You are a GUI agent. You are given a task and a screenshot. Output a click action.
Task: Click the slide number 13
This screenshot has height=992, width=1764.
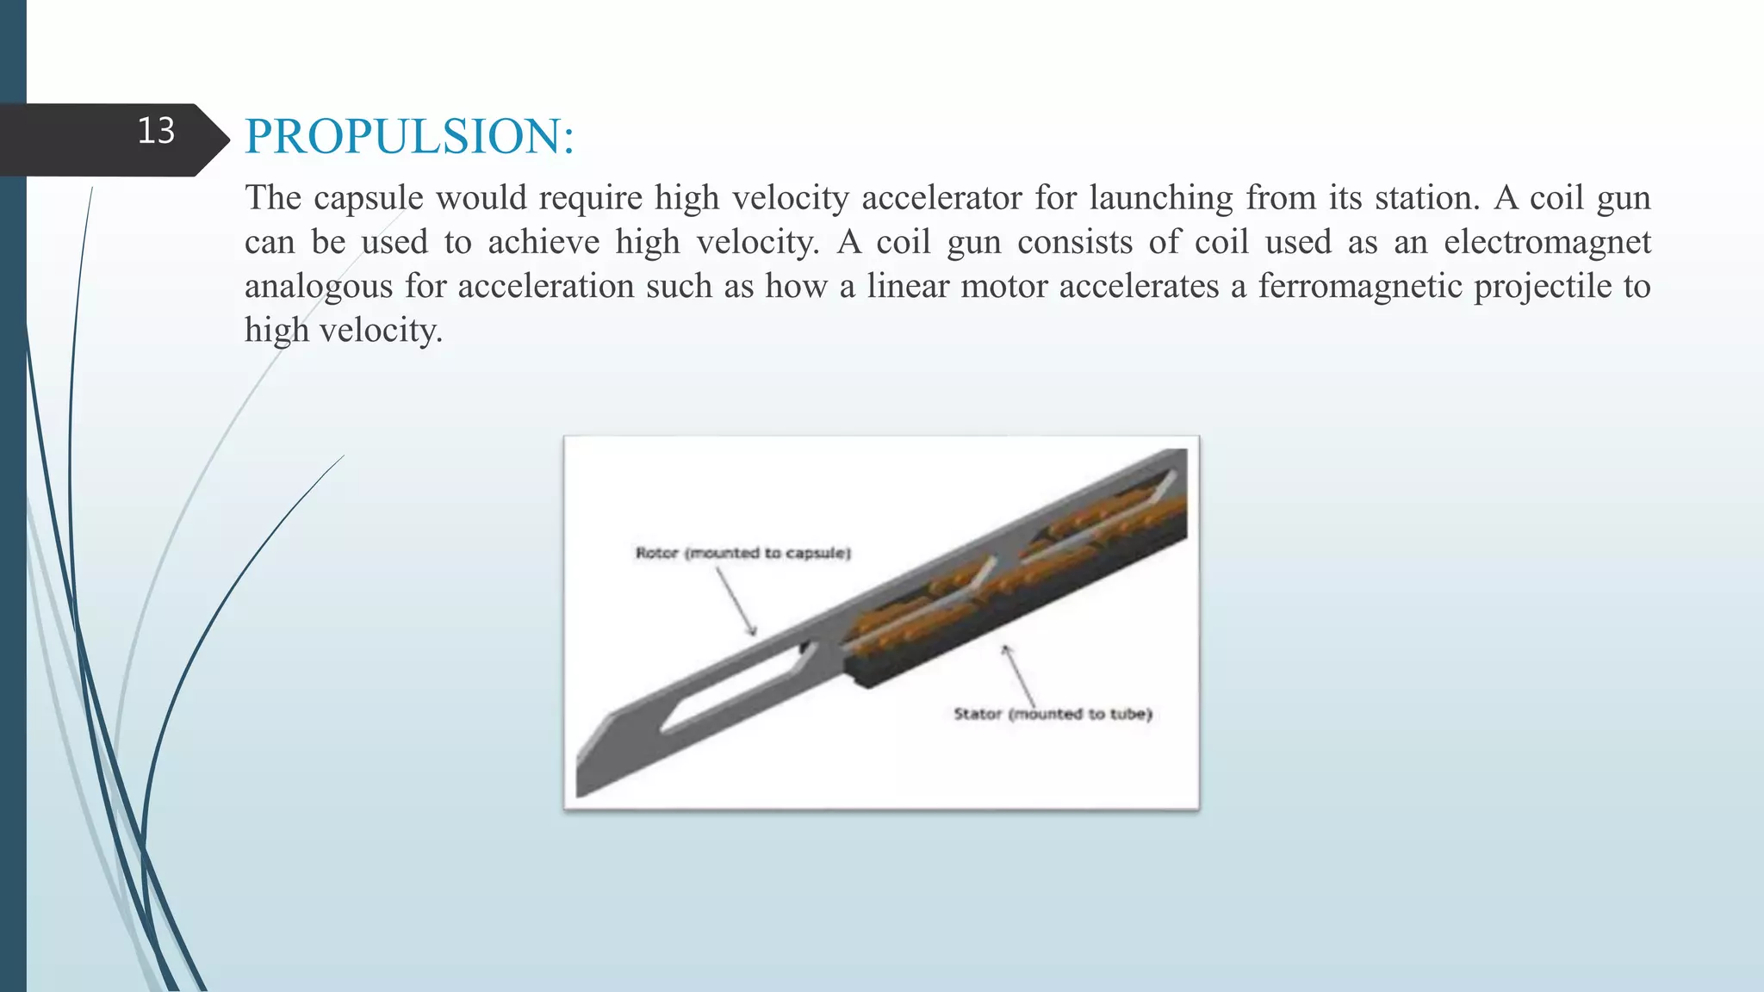point(156,131)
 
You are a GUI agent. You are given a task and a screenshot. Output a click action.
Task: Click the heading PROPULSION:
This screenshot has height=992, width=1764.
point(409,136)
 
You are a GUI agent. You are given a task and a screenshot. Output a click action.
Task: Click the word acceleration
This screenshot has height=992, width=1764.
point(545,286)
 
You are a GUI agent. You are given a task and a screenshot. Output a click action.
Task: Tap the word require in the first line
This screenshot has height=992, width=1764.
point(590,198)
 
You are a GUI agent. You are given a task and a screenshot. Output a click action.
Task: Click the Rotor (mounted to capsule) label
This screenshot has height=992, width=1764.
point(742,553)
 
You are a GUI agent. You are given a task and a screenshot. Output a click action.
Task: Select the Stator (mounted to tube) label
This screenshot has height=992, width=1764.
point(1053,714)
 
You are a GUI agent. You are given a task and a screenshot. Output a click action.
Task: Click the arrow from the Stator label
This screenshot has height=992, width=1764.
point(1019,676)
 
